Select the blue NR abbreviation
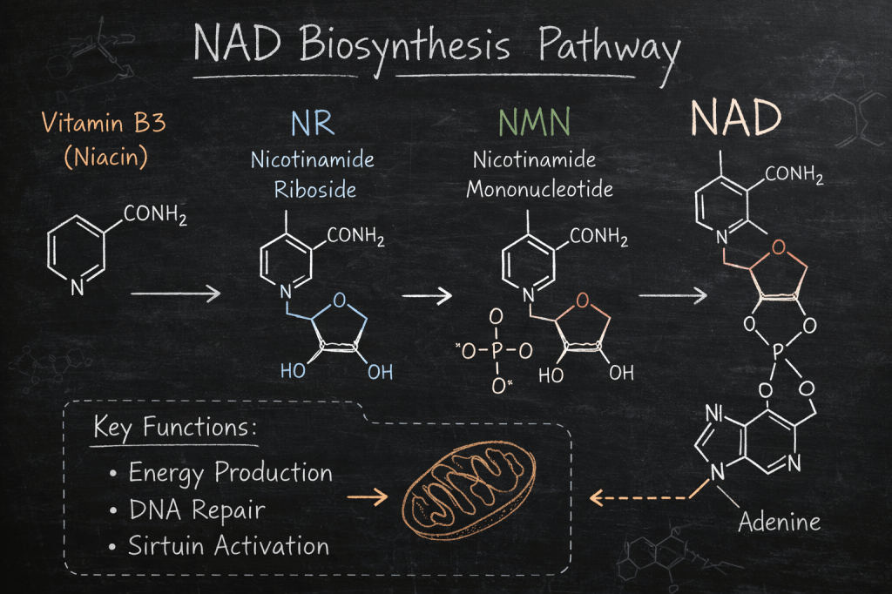pos(312,123)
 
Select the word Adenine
pos(780,523)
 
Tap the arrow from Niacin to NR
pos(176,296)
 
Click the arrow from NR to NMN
pos(427,296)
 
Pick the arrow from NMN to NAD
pos(672,296)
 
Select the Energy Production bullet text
pos(230,473)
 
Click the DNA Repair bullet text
pos(196,510)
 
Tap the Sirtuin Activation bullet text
pos(228,546)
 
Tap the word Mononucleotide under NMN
pos(539,189)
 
